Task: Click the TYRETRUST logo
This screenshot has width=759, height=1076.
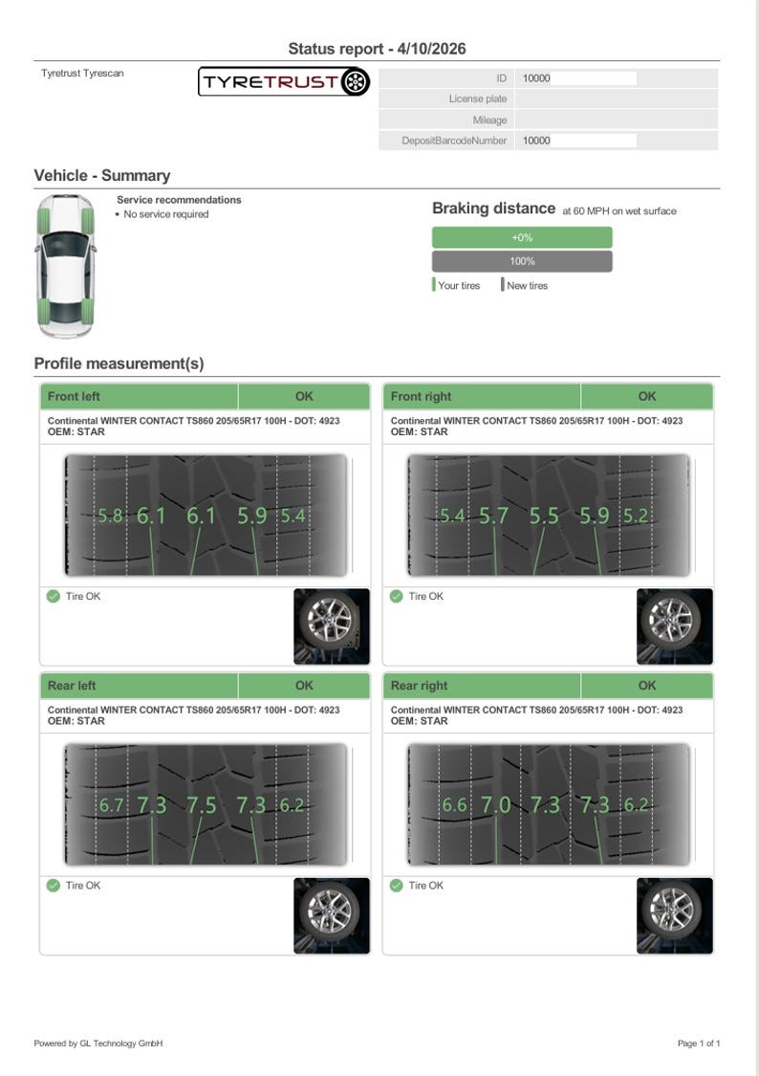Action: (284, 81)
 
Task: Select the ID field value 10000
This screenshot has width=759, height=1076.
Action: (536, 78)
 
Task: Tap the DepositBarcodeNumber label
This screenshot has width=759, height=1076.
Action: (454, 141)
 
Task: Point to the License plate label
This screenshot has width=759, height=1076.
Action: (478, 99)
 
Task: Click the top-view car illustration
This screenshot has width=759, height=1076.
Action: (65, 266)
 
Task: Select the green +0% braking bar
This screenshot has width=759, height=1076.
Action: (522, 237)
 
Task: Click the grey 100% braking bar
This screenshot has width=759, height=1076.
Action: (522, 261)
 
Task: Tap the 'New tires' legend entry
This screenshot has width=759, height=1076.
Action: (525, 285)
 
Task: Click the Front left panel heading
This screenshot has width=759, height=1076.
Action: (74, 396)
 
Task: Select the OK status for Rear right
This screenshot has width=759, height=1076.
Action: (646, 686)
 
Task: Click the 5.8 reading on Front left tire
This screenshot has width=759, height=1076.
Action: (110, 516)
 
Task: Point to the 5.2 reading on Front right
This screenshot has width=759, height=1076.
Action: (635, 516)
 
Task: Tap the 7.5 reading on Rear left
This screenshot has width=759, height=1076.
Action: (202, 805)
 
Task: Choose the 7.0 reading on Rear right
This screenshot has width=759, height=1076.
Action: (495, 805)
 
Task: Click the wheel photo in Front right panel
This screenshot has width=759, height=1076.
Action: (675, 626)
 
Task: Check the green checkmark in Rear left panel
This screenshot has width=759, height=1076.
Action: (54, 886)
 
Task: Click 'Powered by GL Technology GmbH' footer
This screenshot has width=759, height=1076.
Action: (98, 1043)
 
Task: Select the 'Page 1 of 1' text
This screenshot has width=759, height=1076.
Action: (699, 1043)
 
